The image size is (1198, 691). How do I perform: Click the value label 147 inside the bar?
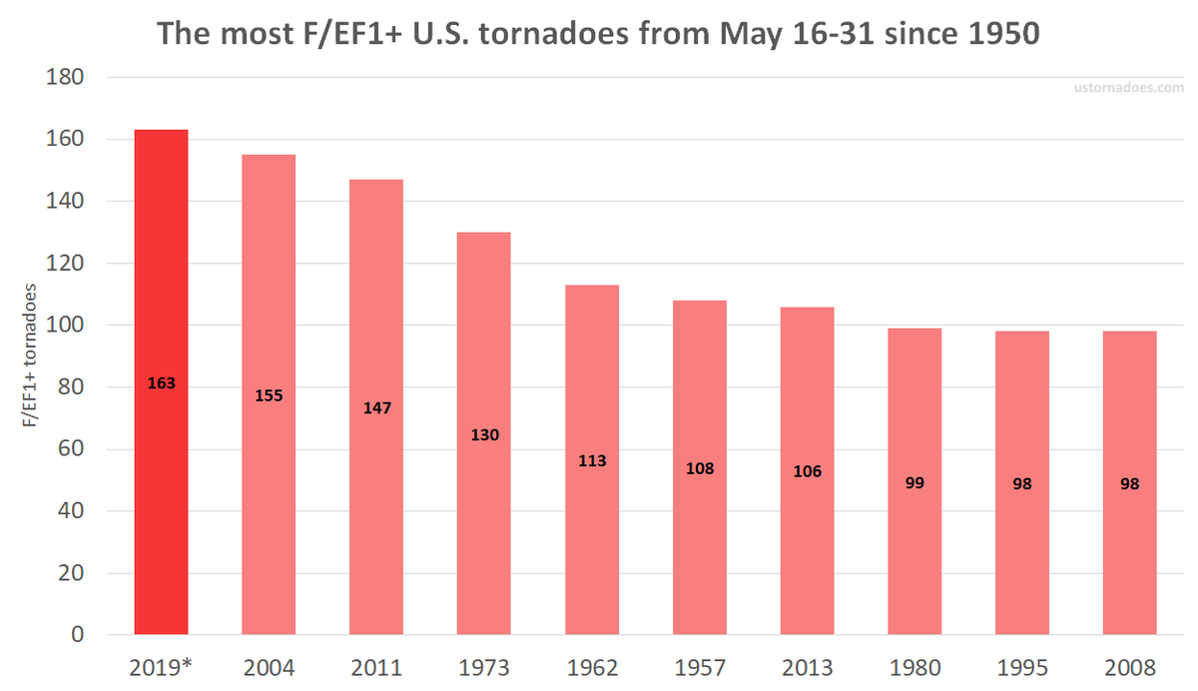376,408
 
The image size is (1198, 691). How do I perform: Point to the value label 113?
592,461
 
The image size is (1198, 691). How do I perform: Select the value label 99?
914,483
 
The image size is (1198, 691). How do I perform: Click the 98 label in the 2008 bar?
1129,484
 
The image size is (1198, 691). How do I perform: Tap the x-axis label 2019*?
161,667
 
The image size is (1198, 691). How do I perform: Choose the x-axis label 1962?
592,667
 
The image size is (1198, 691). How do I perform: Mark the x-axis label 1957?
700,667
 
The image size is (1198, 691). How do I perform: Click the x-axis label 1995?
1022,667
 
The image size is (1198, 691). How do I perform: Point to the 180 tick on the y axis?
66,78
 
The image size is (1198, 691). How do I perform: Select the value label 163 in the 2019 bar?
161,382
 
